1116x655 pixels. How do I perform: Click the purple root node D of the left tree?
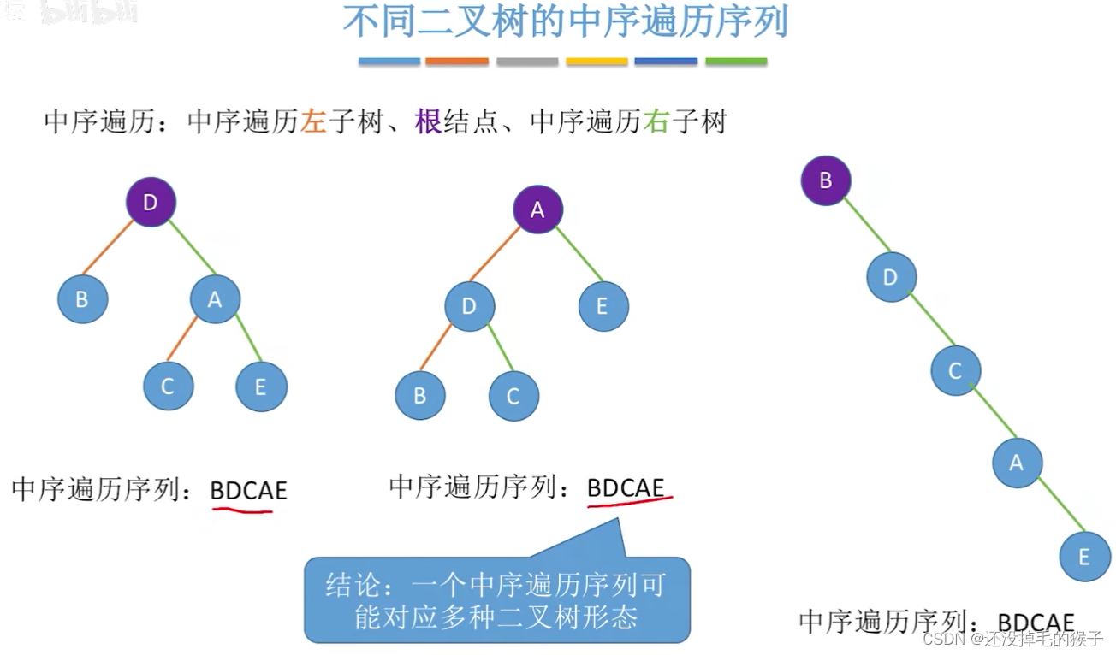[x=151, y=203]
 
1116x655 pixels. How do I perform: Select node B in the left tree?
[x=82, y=299]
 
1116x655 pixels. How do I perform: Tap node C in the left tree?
[x=168, y=386]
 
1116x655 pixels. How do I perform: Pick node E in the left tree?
[x=261, y=387]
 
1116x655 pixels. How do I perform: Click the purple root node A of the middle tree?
[x=537, y=209]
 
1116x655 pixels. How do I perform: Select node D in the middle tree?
[x=469, y=305]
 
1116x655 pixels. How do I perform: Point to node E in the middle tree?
[x=603, y=305]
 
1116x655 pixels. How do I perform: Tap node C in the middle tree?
[x=513, y=396]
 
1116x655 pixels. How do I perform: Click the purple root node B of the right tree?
[x=826, y=180]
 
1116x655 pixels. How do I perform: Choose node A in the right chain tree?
[x=1017, y=463]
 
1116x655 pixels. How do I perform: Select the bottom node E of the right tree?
[x=1083, y=557]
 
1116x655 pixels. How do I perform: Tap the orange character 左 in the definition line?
[x=313, y=122]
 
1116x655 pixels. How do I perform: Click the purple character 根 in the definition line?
[x=427, y=122]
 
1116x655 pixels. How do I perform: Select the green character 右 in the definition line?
[x=656, y=122]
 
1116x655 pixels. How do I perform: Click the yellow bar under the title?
[x=597, y=62]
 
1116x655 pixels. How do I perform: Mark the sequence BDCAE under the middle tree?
[x=626, y=488]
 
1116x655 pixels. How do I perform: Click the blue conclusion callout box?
[x=496, y=599]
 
